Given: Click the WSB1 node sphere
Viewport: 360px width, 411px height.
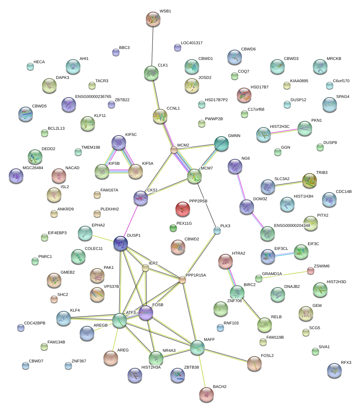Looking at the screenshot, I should click(153, 19).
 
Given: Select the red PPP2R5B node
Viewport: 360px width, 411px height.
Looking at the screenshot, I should click(183, 209).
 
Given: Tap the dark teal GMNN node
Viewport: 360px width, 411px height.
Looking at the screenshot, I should click(221, 144).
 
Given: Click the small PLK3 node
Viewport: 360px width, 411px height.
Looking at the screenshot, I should click(217, 230).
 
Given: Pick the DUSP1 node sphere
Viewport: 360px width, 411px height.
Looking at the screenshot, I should click(121, 243).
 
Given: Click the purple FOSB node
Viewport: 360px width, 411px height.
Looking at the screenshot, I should click(145, 313).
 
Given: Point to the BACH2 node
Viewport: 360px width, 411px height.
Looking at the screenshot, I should click(206, 394).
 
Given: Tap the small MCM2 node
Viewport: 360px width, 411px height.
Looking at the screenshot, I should click(174, 149).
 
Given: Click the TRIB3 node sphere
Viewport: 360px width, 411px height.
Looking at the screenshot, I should click(310, 180).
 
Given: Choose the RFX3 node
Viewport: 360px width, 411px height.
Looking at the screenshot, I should click(334, 370).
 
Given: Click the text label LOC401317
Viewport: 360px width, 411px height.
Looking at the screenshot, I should click(192, 43).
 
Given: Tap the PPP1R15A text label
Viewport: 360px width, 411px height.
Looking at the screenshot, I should click(196, 275).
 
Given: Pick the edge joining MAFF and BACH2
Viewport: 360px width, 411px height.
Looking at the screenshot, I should click(202, 370).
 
